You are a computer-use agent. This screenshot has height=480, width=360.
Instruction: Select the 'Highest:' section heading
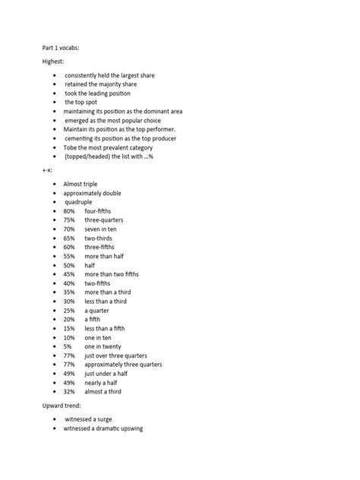[x=54, y=62]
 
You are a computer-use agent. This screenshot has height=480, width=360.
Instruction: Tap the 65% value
[x=69, y=238]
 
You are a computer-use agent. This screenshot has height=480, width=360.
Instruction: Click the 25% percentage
[x=69, y=310]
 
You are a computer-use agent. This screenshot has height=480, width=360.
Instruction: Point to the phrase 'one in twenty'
[x=103, y=346]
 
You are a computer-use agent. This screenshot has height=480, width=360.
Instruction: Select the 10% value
[x=69, y=337]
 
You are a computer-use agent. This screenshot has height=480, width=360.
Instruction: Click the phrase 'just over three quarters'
[x=115, y=355]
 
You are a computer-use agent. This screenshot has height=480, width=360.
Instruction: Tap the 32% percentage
[x=69, y=391]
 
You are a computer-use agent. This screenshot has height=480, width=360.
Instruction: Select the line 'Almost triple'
[x=81, y=184]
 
